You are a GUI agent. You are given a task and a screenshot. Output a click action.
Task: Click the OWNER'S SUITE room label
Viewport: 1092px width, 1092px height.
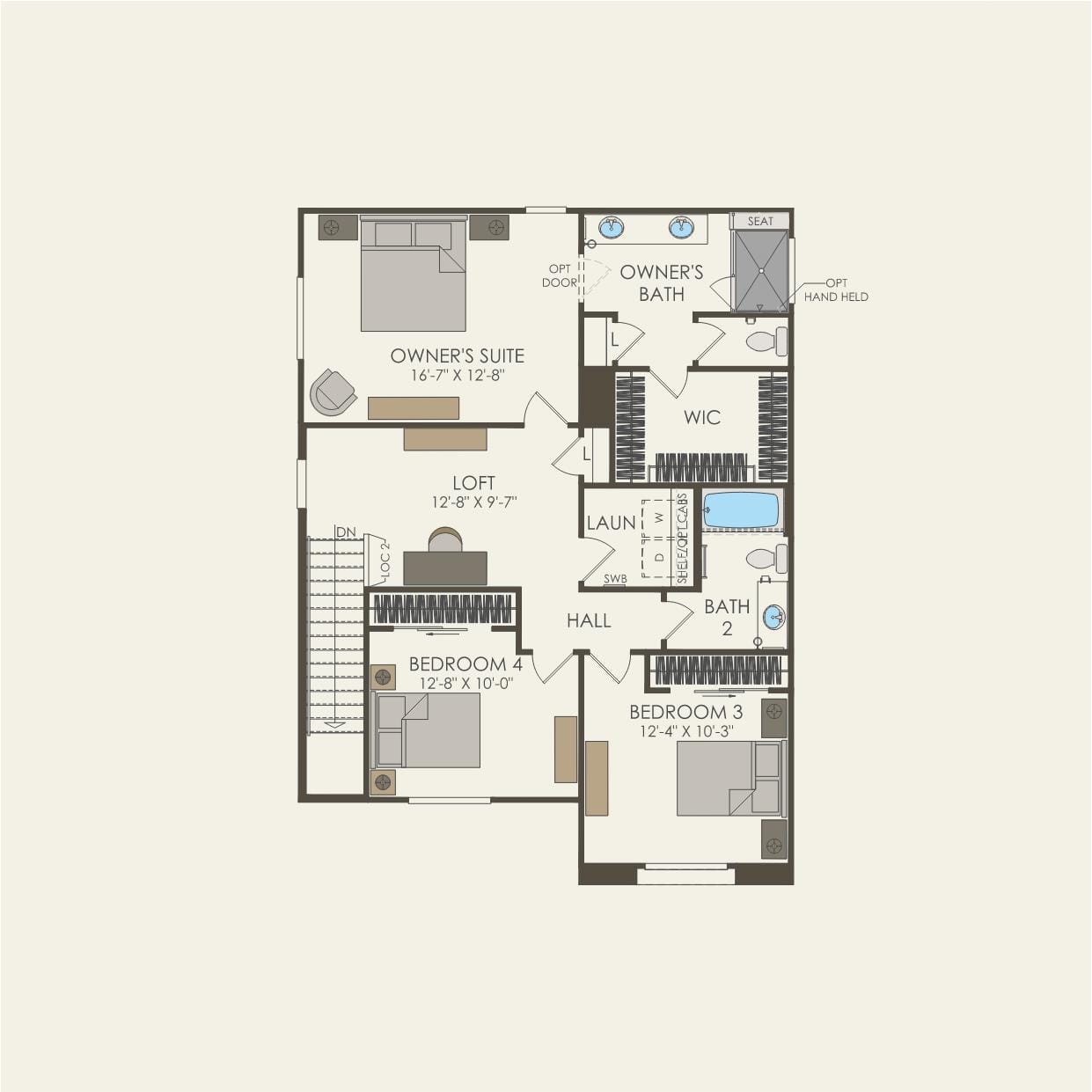click(457, 356)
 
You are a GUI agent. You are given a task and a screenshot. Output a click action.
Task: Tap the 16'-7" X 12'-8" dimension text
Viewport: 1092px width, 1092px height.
click(457, 376)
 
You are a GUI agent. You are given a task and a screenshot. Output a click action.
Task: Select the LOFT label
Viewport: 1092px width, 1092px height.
click(473, 483)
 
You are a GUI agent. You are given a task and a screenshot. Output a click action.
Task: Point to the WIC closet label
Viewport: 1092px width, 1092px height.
click(702, 417)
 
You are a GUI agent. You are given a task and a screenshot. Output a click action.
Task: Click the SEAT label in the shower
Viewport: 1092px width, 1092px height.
click(760, 221)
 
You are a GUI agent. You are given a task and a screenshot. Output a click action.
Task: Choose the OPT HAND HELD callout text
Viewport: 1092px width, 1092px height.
click(835, 290)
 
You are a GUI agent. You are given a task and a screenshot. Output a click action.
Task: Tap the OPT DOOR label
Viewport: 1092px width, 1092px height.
click(560, 275)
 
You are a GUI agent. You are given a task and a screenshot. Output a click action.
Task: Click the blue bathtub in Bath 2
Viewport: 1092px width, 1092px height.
click(741, 510)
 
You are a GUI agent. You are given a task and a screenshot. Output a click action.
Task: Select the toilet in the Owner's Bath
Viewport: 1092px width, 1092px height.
click(766, 341)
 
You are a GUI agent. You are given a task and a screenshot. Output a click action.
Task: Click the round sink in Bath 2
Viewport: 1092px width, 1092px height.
click(773, 617)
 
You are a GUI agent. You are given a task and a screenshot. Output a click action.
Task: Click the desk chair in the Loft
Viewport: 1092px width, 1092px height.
click(445, 539)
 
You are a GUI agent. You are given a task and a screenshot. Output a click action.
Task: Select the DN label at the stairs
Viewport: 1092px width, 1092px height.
click(346, 532)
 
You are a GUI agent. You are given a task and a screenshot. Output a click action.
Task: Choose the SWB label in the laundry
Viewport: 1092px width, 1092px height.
click(615, 579)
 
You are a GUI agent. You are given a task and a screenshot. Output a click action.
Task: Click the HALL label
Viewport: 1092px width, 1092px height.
click(589, 621)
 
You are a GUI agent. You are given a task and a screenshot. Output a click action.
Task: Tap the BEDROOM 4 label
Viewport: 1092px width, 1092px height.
click(465, 664)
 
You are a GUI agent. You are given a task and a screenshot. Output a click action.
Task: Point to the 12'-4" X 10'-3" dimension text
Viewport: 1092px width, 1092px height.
click(686, 731)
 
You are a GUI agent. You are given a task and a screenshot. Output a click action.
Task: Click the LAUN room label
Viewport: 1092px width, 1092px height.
click(611, 523)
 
